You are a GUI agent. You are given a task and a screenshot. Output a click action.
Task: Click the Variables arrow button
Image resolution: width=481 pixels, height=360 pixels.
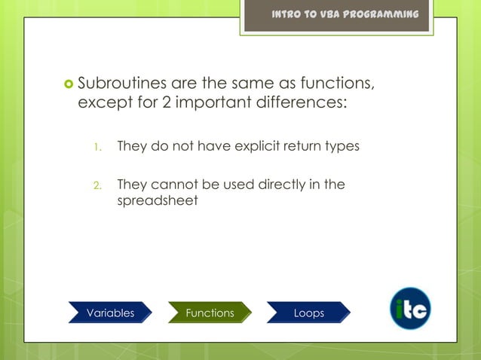pos(110,313)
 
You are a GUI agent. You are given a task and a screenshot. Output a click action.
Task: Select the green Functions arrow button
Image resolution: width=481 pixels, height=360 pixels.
pos(210,313)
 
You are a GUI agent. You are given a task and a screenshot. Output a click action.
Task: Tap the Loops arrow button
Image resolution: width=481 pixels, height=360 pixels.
pos(308,313)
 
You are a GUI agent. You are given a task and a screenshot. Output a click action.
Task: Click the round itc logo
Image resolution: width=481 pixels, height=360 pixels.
pos(410,309)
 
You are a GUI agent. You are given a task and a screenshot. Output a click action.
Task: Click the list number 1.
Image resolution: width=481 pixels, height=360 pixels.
pos(96,147)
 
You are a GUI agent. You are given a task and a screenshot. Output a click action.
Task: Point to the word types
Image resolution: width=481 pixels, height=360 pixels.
pos(341,146)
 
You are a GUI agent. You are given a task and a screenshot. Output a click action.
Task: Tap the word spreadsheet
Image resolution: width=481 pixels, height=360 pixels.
pos(157,201)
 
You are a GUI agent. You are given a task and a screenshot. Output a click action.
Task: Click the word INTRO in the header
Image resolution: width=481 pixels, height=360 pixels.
pos(287,15)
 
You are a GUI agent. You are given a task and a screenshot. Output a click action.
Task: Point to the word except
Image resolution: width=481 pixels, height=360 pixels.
pos(101,102)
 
